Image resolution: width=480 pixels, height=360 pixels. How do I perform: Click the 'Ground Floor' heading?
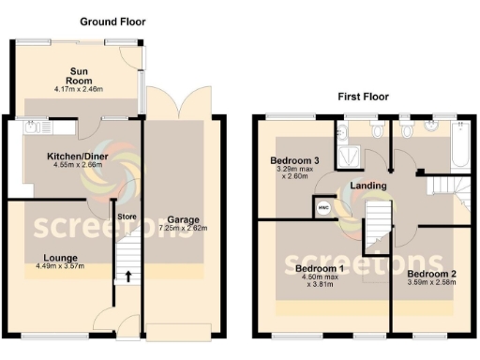(x=112, y=21)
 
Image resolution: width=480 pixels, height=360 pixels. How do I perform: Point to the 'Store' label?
(x=127, y=217)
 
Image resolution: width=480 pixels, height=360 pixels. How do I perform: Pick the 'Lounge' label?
(x=59, y=257)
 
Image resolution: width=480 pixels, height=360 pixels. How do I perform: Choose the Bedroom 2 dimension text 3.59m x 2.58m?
(x=432, y=284)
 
